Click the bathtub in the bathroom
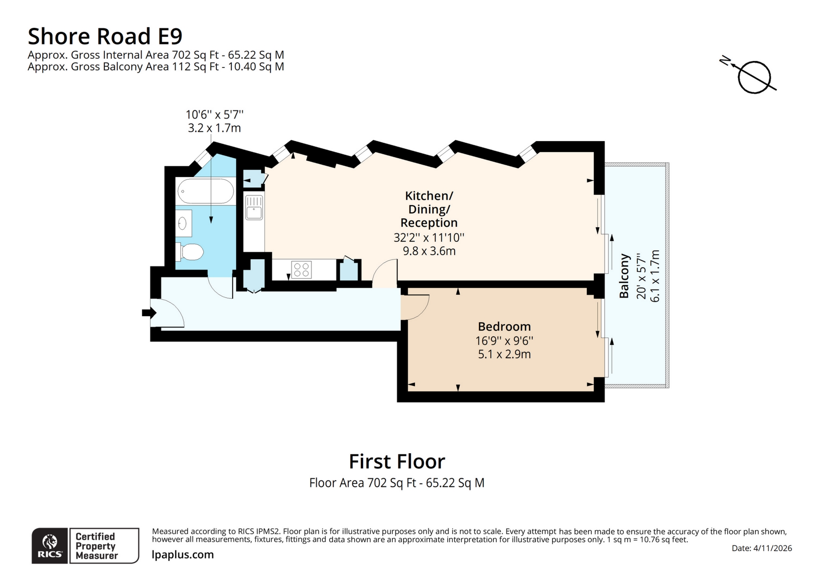pos(205,191)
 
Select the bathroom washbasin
pos(183,223)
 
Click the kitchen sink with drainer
pos(254,207)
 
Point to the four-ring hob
pos(301,270)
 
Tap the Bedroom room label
pos(504,326)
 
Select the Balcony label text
pos(624,276)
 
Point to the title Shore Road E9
pos(105,36)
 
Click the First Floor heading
pos(397,461)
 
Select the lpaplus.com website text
pos(183,555)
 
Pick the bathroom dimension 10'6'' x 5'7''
pos(214,115)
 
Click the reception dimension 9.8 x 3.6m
pos(429,251)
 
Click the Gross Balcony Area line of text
pos(156,67)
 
